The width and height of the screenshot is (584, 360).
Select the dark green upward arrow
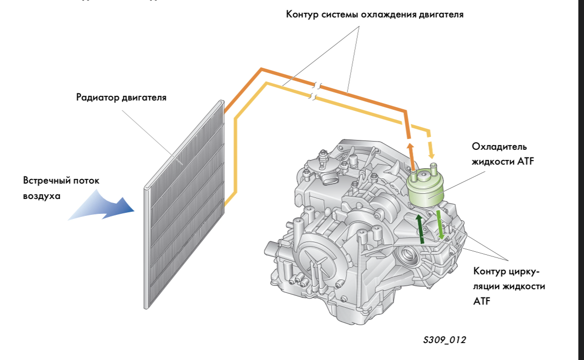coord(420,229)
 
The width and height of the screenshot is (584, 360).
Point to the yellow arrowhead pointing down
coord(432,152)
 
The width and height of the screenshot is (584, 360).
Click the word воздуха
coord(42,196)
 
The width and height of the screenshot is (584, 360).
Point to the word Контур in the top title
coord(302,14)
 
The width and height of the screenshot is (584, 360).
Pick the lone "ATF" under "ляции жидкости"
coord(482,302)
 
